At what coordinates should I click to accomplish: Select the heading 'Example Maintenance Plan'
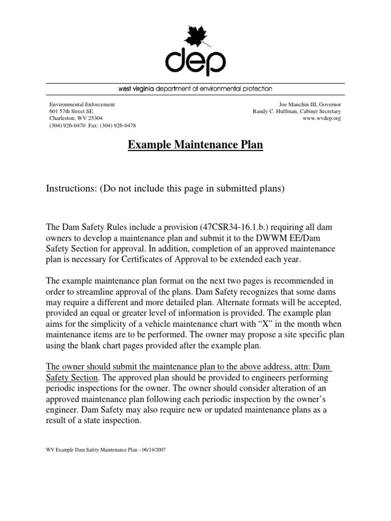(x=195, y=146)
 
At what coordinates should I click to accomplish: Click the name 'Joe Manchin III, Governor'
(x=309, y=104)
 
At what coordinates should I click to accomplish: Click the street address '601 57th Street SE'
(x=71, y=111)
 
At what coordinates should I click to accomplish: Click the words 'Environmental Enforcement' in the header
(x=82, y=104)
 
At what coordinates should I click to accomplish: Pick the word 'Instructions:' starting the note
(x=71, y=189)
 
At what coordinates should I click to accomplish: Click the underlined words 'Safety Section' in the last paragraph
(x=71, y=378)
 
